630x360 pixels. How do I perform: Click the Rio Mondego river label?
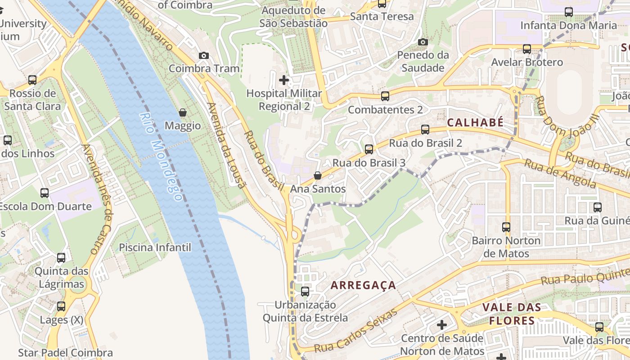click(161, 156)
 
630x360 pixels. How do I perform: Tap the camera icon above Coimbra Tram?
click(203, 55)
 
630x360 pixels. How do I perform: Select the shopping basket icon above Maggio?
click(183, 112)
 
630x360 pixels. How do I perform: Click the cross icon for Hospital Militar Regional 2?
click(284, 80)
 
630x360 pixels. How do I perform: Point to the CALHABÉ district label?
click(475, 123)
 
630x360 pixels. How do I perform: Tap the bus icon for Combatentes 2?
click(385, 96)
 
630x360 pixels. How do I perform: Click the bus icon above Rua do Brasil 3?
click(369, 149)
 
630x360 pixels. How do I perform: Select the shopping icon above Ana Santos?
click(318, 175)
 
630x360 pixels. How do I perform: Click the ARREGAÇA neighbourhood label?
click(363, 285)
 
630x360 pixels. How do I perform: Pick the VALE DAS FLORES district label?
click(512, 314)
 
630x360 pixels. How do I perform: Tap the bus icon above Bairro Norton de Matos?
click(506, 227)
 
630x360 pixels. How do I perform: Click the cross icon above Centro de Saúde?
click(442, 324)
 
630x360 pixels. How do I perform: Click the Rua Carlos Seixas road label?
click(355, 331)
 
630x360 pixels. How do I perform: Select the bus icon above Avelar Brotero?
click(526, 49)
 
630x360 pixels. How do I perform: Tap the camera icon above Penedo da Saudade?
click(423, 42)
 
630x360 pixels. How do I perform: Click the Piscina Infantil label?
click(155, 247)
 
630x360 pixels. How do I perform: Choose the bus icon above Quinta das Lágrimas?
click(61, 258)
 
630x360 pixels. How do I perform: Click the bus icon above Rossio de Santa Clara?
click(32, 80)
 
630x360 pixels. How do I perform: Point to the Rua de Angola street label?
click(560, 174)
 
